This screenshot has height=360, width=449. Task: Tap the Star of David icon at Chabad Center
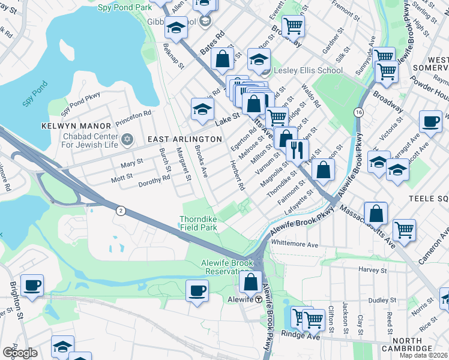pos(126,140)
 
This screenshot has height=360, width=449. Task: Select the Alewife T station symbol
pos(259,299)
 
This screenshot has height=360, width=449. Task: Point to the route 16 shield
pos(358,113)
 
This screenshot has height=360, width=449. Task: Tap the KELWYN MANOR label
pos(76,126)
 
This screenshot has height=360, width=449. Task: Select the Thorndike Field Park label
pos(199,223)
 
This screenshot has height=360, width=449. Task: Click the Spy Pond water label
pos(35,97)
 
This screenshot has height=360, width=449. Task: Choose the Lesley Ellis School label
pos(308,71)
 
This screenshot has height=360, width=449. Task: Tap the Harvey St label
pos(372,270)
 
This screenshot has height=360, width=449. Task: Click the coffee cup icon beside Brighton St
pos(32,284)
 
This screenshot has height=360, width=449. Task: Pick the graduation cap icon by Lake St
pos(202,109)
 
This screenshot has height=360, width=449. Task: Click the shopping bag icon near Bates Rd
pos(222,59)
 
